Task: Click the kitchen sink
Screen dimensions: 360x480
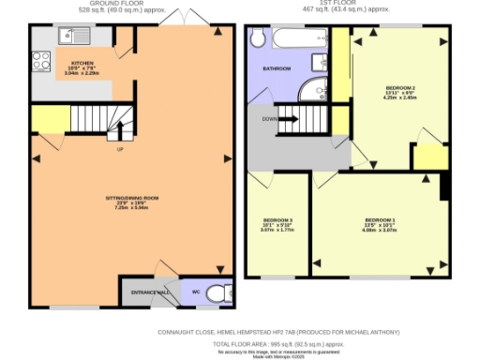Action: point(69,37)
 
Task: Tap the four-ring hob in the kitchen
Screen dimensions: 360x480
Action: point(42,61)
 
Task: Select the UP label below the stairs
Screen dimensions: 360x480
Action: point(120,149)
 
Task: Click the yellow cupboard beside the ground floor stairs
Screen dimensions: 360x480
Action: point(51,120)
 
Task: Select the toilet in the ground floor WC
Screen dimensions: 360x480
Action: point(217,293)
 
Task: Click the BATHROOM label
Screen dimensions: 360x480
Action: point(277,68)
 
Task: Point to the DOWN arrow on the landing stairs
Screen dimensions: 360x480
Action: point(287,119)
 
